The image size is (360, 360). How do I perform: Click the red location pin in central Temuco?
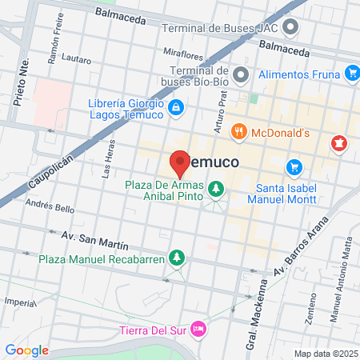[180, 162]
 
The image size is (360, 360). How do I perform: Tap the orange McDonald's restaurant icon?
[238, 131]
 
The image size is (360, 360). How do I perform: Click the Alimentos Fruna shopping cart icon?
[352, 74]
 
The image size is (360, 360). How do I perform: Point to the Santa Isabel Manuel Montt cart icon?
[295, 167]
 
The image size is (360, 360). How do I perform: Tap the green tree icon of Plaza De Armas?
[215, 188]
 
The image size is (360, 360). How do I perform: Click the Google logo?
[26, 350]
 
